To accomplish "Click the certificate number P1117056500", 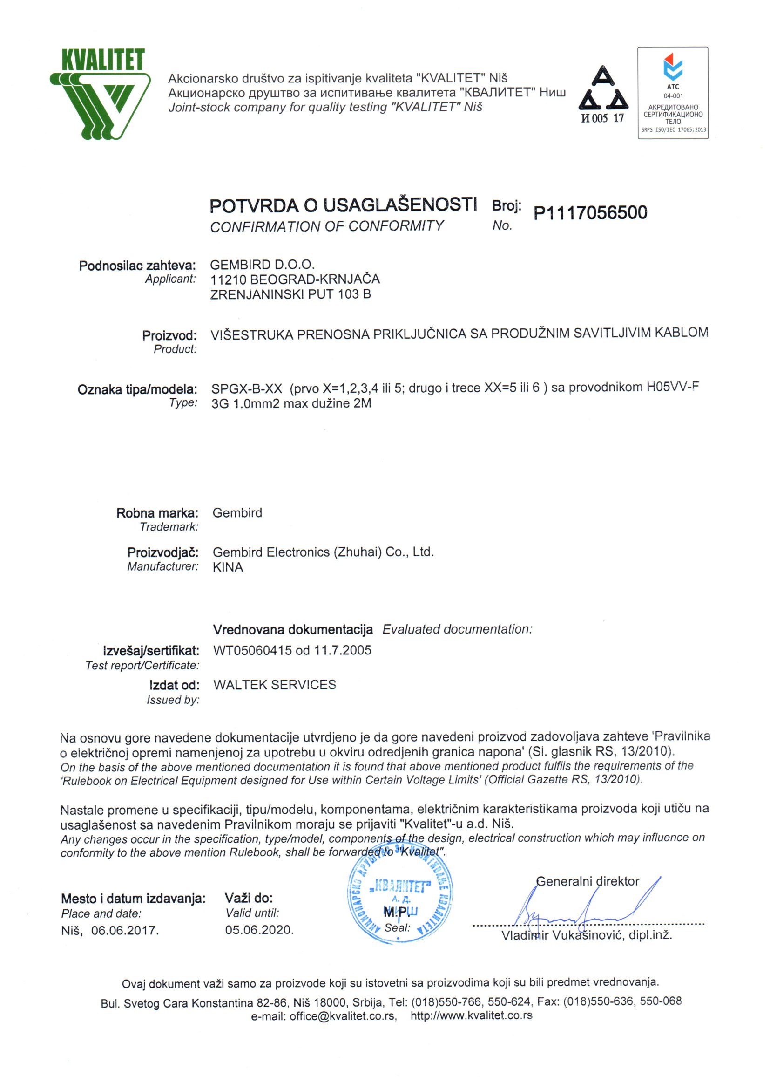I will point(590,213).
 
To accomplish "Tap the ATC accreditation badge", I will point(672,93).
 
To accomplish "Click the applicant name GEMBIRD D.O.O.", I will point(263,265).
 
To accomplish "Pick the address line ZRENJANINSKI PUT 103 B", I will point(290,294).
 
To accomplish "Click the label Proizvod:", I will point(169,336).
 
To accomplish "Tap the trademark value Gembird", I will point(237,513).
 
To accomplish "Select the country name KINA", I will point(228,567).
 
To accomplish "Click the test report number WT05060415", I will point(252,650).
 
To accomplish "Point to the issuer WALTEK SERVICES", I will point(274,685).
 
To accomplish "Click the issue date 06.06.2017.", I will point(125,930).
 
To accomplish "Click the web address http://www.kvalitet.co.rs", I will point(471,1015).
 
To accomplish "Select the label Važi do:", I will point(249,898).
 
